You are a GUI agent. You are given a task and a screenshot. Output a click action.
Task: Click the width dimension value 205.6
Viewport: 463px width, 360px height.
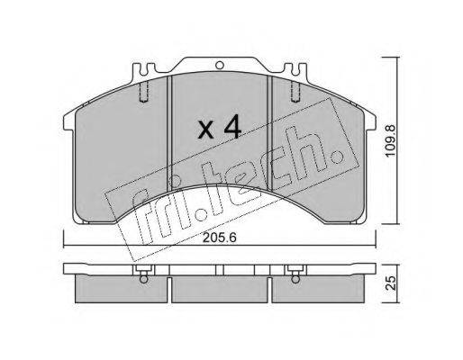click(x=220, y=238)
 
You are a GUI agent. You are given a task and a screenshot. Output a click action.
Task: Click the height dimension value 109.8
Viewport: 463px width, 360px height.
click(x=391, y=140)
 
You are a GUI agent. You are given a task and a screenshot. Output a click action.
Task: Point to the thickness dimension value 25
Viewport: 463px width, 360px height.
click(x=391, y=283)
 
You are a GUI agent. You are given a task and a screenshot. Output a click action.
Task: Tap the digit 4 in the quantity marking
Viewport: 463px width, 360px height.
click(x=231, y=127)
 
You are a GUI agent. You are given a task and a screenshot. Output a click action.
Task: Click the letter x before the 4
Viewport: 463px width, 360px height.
click(x=206, y=130)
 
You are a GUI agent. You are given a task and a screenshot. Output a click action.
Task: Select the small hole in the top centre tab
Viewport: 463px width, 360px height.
click(x=220, y=65)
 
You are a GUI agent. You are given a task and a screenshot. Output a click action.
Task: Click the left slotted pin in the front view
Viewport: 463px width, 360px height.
click(x=144, y=92)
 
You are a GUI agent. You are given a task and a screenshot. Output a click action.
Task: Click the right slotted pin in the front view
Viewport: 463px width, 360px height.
click(x=295, y=92)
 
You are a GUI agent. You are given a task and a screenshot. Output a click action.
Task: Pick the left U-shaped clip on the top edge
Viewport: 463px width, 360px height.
click(x=144, y=69)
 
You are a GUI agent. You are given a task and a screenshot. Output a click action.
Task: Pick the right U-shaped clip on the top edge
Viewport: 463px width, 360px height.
click(x=295, y=69)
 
